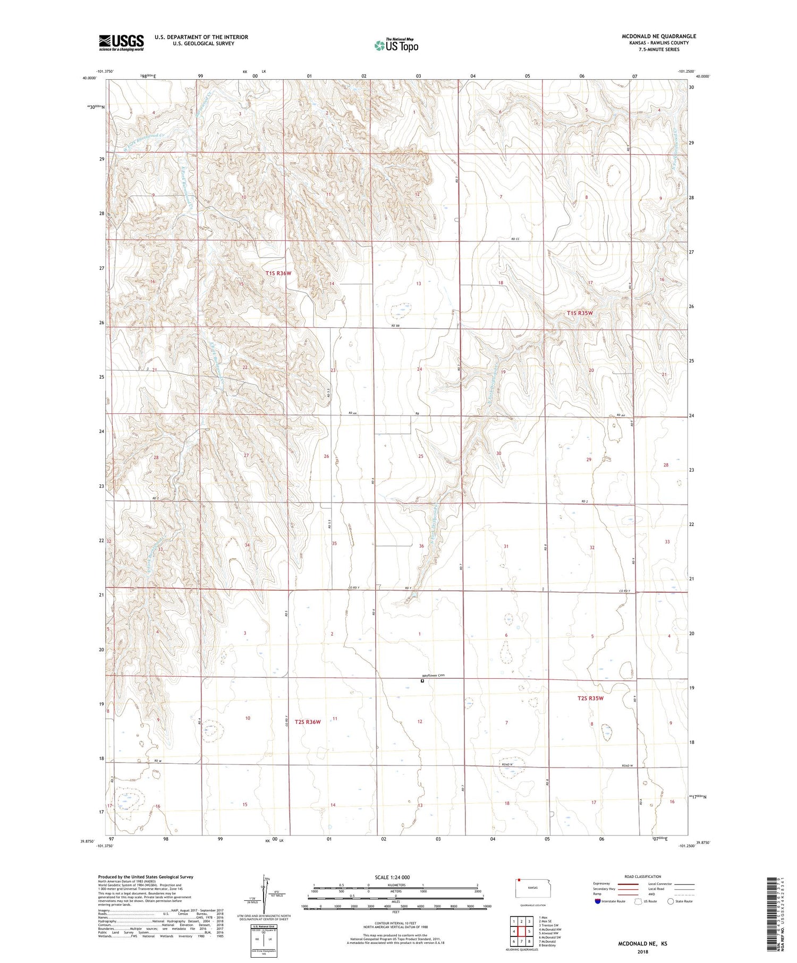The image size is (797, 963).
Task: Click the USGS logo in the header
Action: [x=121, y=42]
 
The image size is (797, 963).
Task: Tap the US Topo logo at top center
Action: [x=396, y=45]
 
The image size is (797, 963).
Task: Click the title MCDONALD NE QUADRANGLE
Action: [x=659, y=36]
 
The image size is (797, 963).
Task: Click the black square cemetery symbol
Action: [x=422, y=680]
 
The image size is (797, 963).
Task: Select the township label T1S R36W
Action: [x=278, y=273]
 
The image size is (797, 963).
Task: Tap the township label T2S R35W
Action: [x=590, y=698]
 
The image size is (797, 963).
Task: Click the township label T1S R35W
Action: [x=579, y=313]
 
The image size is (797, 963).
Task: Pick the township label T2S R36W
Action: [x=308, y=722]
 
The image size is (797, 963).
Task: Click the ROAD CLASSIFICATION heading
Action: [x=643, y=876]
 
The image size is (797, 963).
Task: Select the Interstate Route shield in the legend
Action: [x=598, y=901]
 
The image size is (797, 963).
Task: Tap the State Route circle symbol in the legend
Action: [x=671, y=901]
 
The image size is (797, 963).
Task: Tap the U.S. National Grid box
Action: [x=264, y=940]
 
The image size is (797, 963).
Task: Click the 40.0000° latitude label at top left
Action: [x=89, y=78]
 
